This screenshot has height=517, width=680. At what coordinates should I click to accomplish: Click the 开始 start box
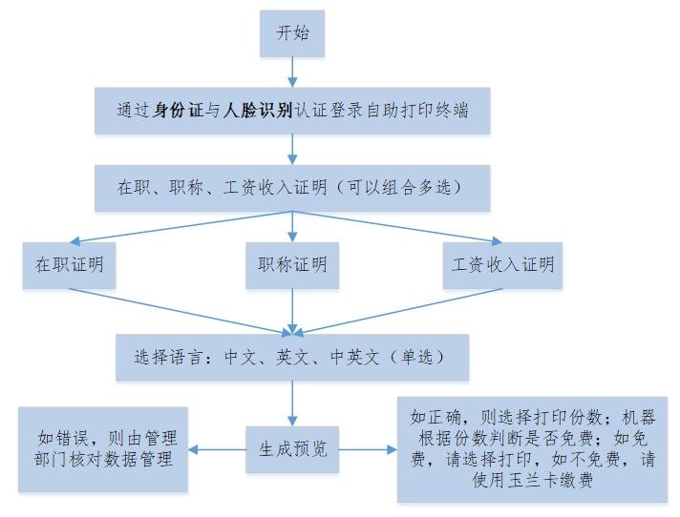(292, 33)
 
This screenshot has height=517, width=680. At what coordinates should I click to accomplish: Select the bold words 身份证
(179, 110)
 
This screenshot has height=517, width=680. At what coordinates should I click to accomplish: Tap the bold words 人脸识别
(258, 110)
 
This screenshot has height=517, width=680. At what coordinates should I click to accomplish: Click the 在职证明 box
(70, 265)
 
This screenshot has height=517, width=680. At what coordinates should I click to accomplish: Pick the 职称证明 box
(292, 265)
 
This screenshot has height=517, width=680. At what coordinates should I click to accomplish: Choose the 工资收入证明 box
(502, 265)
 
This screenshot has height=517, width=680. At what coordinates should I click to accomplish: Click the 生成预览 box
(292, 449)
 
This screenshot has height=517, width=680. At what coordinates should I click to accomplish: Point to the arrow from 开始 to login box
(292, 72)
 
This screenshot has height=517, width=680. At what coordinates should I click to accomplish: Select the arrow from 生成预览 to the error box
(217, 449)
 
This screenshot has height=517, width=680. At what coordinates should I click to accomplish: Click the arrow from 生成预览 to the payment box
(368, 449)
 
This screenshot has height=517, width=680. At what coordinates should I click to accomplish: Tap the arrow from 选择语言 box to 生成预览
(292, 403)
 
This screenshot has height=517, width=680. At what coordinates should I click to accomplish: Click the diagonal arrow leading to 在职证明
(181, 227)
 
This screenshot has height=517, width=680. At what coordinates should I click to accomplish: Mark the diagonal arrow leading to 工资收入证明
(397, 227)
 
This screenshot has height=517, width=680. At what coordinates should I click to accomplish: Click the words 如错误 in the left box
(63, 438)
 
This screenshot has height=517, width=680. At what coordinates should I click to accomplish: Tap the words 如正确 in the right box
(436, 417)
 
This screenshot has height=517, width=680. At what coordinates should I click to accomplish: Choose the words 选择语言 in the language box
(168, 358)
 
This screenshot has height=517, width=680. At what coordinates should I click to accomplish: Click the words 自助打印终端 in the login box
(417, 110)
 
